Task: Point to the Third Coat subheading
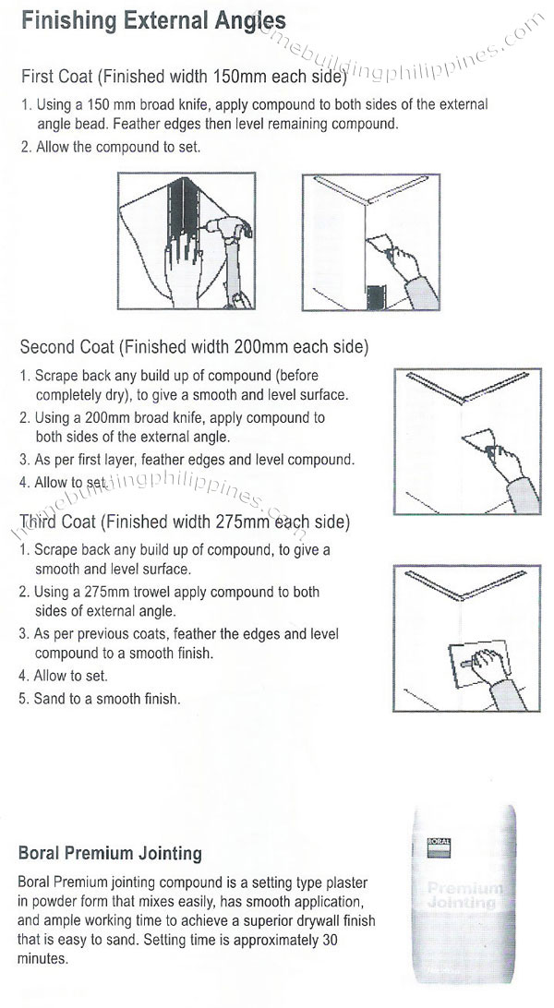click(185, 522)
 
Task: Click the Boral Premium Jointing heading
click(110, 854)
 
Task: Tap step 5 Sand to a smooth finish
click(106, 699)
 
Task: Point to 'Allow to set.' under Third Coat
click(70, 676)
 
